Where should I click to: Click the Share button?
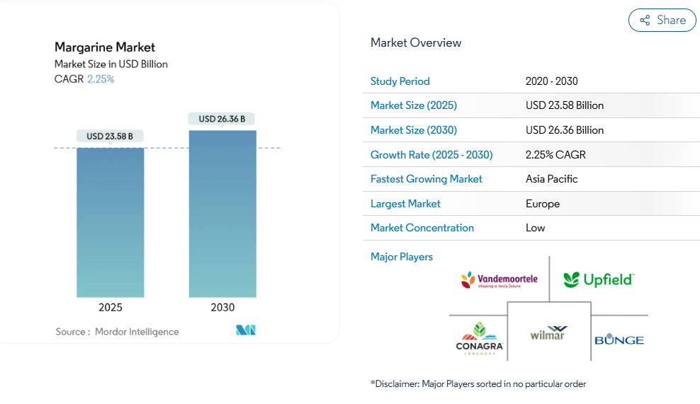click(x=662, y=21)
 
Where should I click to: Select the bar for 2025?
click(x=111, y=222)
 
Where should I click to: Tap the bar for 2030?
click(x=222, y=214)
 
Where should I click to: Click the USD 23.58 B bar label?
click(x=110, y=136)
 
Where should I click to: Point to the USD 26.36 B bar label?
click(x=222, y=119)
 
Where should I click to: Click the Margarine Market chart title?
click(x=105, y=47)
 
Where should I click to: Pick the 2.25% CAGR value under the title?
click(x=101, y=79)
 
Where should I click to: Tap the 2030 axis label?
click(x=222, y=307)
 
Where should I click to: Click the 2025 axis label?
click(x=111, y=307)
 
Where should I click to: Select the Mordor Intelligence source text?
click(x=137, y=331)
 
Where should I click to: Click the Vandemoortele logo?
click(x=499, y=280)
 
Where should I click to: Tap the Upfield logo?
click(x=598, y=279)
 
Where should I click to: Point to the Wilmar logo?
click(x=548, y=333)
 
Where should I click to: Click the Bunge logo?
click(x=619, y=340)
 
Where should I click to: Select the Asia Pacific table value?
click(x=551, y=179)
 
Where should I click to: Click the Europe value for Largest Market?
click(x=543, y=204)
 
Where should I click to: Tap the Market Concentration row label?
click(x=422, y=228)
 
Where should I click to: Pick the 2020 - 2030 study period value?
click(x=552, y=81)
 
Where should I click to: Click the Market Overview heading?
click(x=416, y=42)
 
